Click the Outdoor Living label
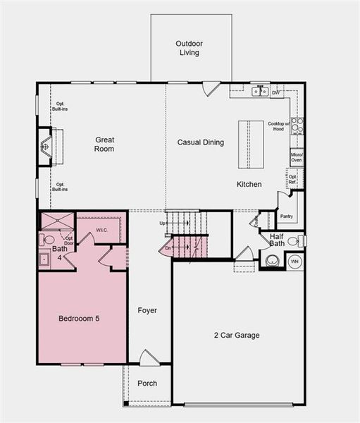pos(189,48)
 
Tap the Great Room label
pos(104,145)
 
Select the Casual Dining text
pos(200,142)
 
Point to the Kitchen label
pos(249,185)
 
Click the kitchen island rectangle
pos(251,145)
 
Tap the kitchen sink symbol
pos(261,91)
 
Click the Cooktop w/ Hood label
pos(276,127)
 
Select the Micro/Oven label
pos(297,157)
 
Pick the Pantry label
pos(286,216)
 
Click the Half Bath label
pos(276,240)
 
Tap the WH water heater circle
pos(294,261)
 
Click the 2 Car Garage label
pos(237,336)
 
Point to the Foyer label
pos(147,310)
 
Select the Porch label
pos(147,384)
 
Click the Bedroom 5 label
pos(78,319)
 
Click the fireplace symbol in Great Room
pos(45,147)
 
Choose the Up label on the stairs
pos(163,223)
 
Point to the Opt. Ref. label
pos(292,179)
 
